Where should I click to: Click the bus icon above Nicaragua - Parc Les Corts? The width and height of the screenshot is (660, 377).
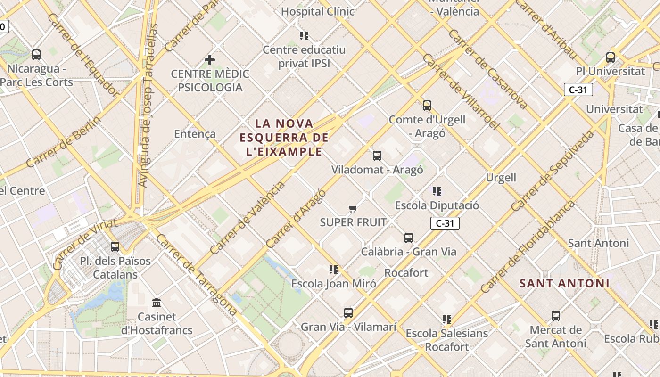click(36, 55)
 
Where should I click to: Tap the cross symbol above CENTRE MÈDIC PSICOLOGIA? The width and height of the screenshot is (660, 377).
click(210, 60)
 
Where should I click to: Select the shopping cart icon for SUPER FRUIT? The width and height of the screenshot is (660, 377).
click(353, 208)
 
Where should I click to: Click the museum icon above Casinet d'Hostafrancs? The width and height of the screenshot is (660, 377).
click(157, 303)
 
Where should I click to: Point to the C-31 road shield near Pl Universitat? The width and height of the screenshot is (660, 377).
click(578, 90)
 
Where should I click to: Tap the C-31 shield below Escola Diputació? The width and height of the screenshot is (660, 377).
click(445, 223)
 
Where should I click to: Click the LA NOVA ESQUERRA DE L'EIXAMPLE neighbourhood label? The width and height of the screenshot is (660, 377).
click(284, 137)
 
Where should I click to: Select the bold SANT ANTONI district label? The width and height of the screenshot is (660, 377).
click(564, 283)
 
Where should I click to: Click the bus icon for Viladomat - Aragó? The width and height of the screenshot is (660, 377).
click(377, 156)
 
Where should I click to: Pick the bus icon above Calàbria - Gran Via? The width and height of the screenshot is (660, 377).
click(409, 238)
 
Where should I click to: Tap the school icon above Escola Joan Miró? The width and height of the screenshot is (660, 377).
click(334, 270)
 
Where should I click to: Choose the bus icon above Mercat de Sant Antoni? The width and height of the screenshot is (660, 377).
click(556, 316)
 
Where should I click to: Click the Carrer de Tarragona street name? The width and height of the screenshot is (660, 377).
click(197, 274)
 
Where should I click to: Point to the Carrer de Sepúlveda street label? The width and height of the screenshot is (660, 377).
click(553, 171)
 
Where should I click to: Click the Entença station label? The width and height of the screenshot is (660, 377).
click(195, 134)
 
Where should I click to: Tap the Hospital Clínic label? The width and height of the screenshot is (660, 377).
click(317, 11)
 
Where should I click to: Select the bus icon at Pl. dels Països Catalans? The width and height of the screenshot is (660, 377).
click(115, 247)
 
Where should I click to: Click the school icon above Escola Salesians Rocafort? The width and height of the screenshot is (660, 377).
click(447, 320)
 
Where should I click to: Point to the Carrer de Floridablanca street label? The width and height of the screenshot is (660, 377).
click(528, 247)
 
